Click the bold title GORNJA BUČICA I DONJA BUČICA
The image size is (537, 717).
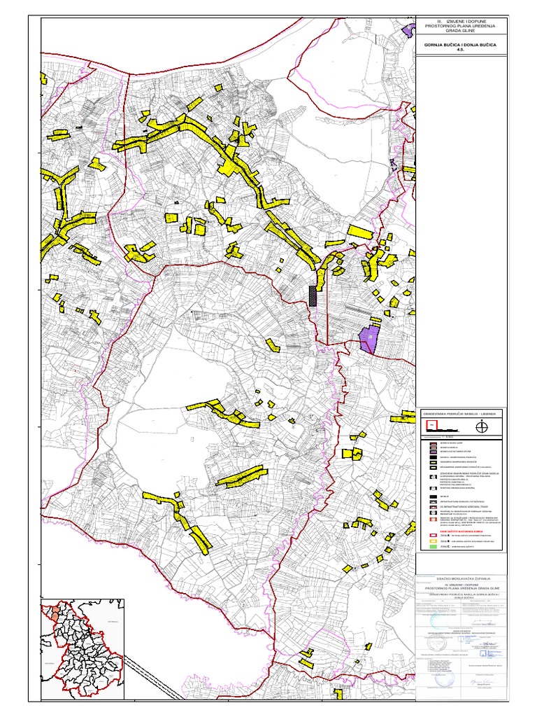tap(459, 45)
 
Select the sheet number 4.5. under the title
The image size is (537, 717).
tap(459, 50)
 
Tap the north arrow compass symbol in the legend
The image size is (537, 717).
tap(480, 427)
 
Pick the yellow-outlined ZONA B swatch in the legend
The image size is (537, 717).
tap(433, 546)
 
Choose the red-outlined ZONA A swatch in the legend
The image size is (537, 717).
tap(433, 537)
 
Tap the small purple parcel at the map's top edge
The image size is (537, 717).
tap(408, 29)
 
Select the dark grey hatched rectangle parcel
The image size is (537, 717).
tap(312, 295)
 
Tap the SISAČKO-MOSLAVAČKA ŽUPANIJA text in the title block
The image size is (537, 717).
tap(459, 578)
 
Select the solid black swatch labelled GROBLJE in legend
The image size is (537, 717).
tap(433, 496)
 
